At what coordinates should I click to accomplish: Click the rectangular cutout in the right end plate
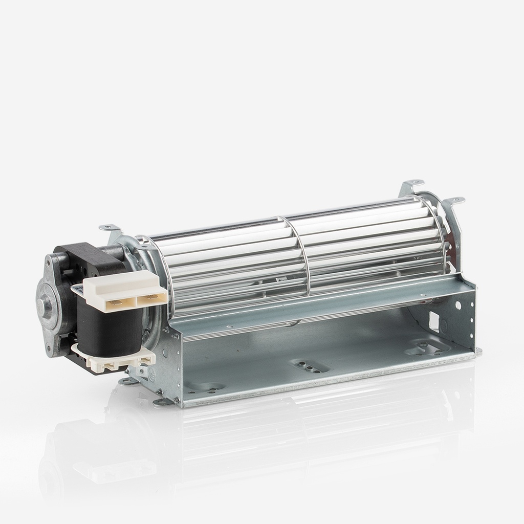click(434, 321)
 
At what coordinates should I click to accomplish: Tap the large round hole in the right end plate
click(457, 305)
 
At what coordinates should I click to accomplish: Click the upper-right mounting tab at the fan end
click(454, 200)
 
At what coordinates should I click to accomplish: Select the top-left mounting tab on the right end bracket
click(412, 183)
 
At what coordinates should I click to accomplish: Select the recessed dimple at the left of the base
click(205, 386)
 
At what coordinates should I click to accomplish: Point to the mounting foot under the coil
click(127, 381)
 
